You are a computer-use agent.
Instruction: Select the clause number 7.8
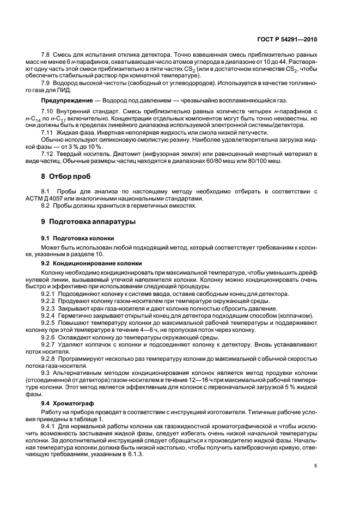[x=46, y=57]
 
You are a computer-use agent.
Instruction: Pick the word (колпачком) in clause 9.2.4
[x=297, y=315]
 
